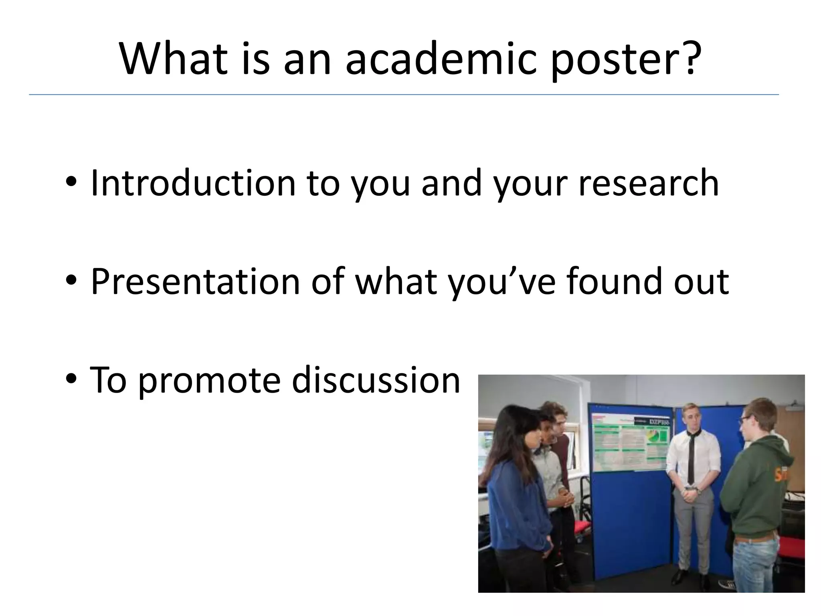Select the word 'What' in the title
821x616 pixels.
pyautogui.click(x=173, y=59)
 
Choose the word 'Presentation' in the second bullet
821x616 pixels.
pyautogui.click(x=196, y=282)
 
